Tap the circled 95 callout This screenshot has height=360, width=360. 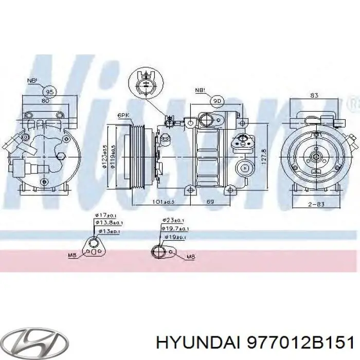pos(50,92)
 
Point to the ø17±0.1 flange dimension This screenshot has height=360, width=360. pos(106,215)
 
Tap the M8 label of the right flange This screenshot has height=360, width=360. pos(190,256)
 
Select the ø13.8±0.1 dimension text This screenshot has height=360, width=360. pos(109,224)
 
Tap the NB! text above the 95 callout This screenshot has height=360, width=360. pos(32,81)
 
